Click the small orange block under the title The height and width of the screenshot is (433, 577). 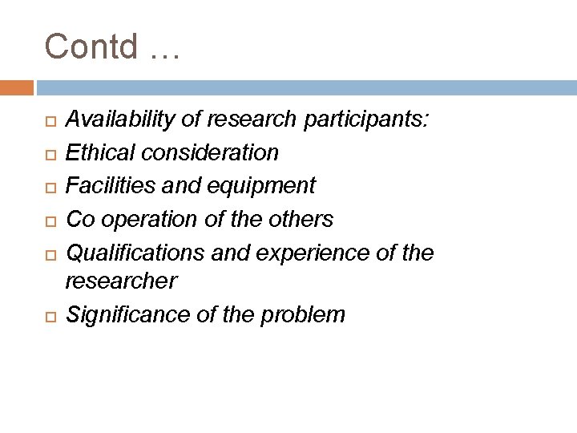coord(17,87)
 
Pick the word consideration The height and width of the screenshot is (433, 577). coord(210,152)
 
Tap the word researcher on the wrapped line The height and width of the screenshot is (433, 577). coord(121,281)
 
